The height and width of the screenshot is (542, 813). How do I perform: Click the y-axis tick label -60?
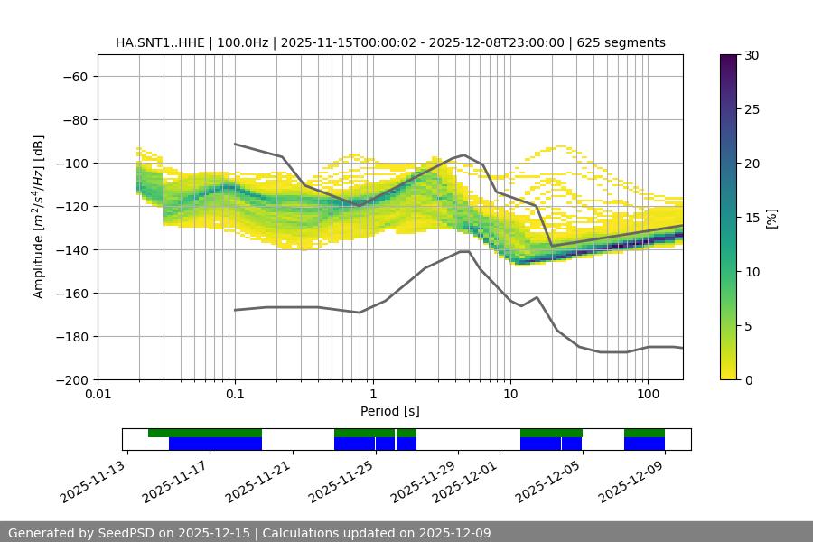pyautogui.click(x=74, y=76)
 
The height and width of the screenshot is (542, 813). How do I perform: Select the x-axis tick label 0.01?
pyautogui.click(x=98, y=395)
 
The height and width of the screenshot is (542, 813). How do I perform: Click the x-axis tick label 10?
pyautogui.click(x=510, y=395)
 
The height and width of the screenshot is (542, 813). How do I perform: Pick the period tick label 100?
pyautogui.click(x=648, y=395)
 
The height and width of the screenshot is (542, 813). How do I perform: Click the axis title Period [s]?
pyautogui.click(x=389, y=411)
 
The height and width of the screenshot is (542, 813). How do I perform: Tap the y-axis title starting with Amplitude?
pyautogui.click(x=39, y=217)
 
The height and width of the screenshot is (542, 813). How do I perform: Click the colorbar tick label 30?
pyautogui.click(x=751, y=55)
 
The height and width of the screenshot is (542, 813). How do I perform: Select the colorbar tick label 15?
pyautogui.click(x=751, y=218)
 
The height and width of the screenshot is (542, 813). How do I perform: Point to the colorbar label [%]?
pyautogui.click(x=771, y=218)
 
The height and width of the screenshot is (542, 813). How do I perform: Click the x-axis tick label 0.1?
pyautogui.click(x=235, y=395)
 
